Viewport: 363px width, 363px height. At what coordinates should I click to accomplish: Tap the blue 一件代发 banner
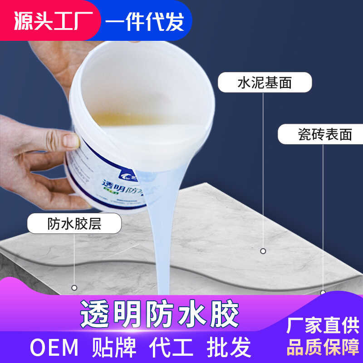pyautogui.click(x=144, y=21)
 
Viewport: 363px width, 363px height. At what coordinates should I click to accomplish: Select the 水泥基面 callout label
pyautogui.click(x=265, y=83)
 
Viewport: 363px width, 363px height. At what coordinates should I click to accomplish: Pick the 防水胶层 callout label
pyautogui.click(x=74, y=223)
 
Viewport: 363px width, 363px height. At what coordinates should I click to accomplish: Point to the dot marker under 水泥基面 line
pyautogui.click(x=263, y=250)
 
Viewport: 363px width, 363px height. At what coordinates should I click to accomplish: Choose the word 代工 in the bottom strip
pyautogui.click(x=171, y=348)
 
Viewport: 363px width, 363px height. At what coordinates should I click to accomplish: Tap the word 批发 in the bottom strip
pyautogui.click(x=229, y=348)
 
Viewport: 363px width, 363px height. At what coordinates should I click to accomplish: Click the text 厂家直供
pyautogui.click(x=323, y=326)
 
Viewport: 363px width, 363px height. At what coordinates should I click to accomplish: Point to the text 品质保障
pyautogui.click(x=323, y=347)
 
